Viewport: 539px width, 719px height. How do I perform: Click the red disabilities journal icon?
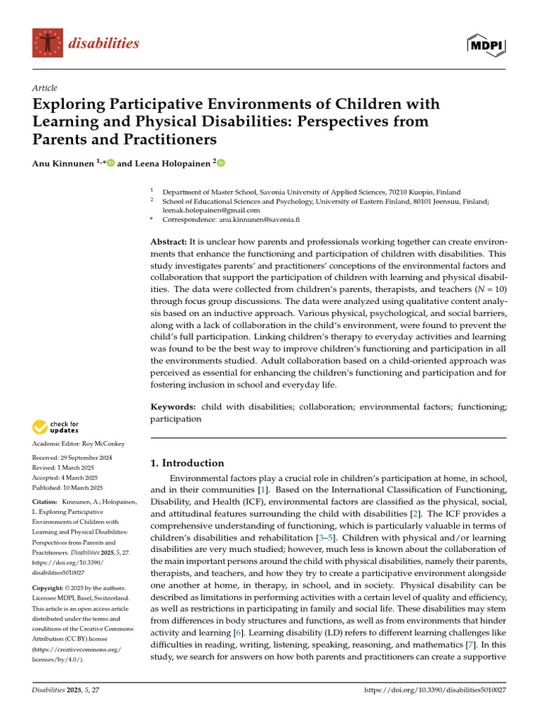(47, 43)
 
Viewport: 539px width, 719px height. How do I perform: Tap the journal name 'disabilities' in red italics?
(104, 44)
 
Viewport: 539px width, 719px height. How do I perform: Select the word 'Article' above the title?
(44, 88)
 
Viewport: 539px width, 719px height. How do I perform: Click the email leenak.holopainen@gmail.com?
(211, 209)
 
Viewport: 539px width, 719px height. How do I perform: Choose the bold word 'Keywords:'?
(173, 407)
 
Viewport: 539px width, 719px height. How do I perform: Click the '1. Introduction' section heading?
(187, 463)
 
